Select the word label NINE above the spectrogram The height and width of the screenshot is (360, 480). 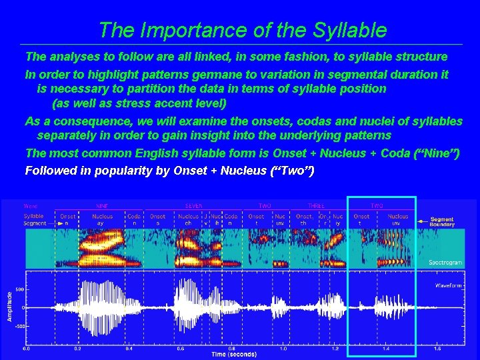102,206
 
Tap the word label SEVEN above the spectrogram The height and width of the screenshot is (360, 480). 194,206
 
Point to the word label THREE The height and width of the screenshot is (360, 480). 316,206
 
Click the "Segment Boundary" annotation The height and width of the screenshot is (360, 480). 442,222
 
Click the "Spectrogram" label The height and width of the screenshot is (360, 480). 445,262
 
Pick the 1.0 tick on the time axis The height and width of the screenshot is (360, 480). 283,348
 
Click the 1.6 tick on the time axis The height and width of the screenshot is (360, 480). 437,348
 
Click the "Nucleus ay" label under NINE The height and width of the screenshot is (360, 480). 103,219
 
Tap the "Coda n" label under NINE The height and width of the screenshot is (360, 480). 134,219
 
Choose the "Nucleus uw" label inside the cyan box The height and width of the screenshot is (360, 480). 398,219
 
